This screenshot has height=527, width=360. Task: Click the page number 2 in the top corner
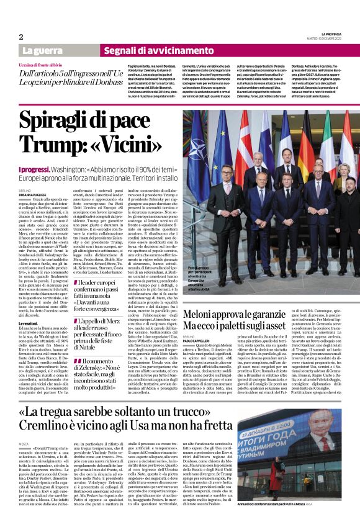tap(21, 37)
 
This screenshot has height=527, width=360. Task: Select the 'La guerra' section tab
tap(42, 50)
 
